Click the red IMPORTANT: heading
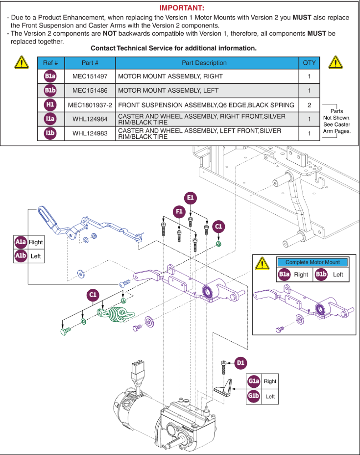[182, 8]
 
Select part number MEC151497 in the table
[90, 76]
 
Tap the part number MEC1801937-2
[90, 105]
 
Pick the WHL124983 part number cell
[90, 133]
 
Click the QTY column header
[309, 63]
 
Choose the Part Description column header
[207, 63]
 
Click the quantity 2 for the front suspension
[309, 105]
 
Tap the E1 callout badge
[191, 198]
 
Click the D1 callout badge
[240, 363]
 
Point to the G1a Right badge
[254, 381]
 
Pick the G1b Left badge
[254, 396]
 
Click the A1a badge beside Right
[21, 242]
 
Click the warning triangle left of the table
[21, 62]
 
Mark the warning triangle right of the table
[336, 62]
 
